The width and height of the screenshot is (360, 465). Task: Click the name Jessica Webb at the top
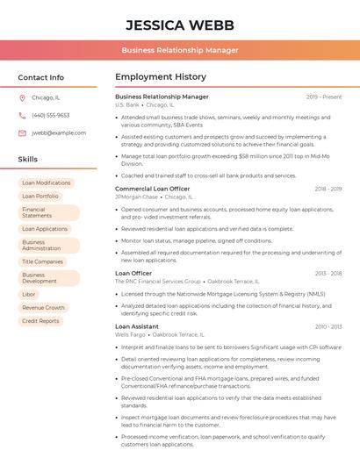click(x=180, y=24)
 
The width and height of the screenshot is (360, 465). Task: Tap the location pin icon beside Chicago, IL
click(x=22, y=98)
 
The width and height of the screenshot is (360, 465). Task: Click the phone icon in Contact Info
click(x=22, y=116)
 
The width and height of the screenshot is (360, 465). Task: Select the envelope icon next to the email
click(x=22, y=133)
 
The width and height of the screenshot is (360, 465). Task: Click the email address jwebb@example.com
click(x=59, y=133)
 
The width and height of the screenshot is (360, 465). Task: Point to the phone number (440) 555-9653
click(x=51, y=116)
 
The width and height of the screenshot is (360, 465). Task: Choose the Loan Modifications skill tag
click(x=47, y=183)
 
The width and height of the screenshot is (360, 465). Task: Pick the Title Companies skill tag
click(x=42, y=261)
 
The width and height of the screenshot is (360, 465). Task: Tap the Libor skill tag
click(x=29, y=294)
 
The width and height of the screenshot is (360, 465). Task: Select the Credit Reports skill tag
click(x=40, y=321)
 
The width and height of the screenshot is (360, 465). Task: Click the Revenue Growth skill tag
click(x=43, y=308)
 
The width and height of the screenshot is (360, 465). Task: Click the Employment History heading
click(x=161, y=77)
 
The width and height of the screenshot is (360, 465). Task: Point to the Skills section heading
click(x=28, y=160)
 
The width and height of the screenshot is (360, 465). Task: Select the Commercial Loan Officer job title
click(x=152, y=189)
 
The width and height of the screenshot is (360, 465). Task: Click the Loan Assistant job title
click(x=137, y=326)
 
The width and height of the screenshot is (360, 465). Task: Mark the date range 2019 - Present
click(x=324, y=97)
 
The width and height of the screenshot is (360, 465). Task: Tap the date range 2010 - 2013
click(x=328, y=326)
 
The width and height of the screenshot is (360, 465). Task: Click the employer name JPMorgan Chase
click(x=136, y=197)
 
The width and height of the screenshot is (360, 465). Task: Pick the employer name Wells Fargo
click(x=131, y=335)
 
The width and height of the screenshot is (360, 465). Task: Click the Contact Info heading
click(x=41, y=77)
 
